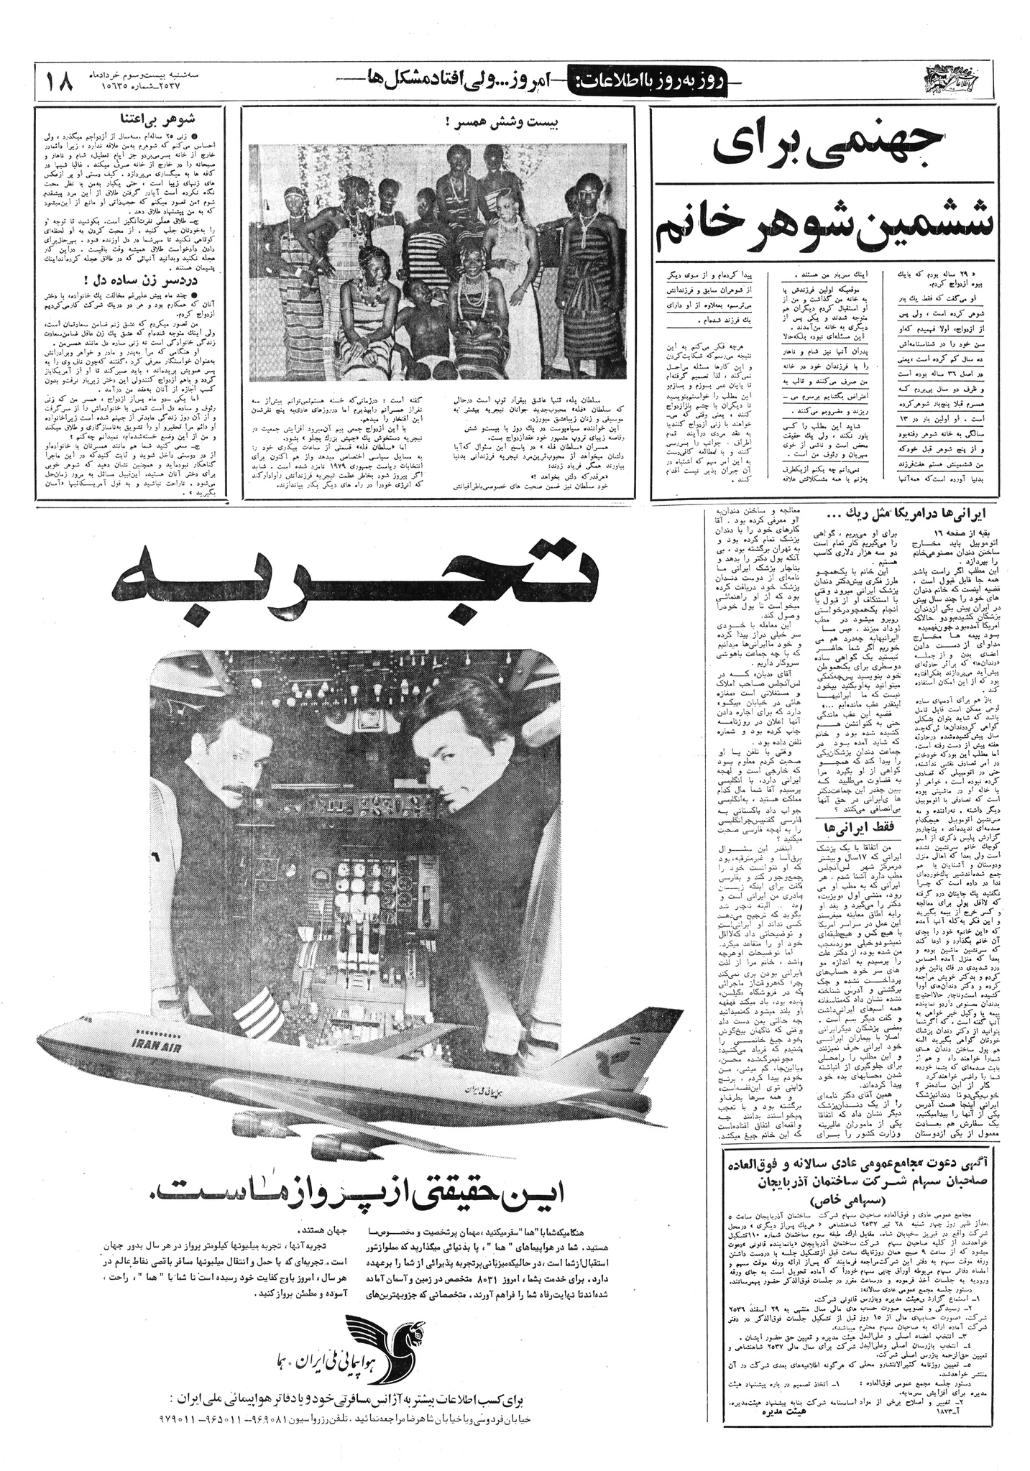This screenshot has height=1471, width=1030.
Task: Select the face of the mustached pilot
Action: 236,758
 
